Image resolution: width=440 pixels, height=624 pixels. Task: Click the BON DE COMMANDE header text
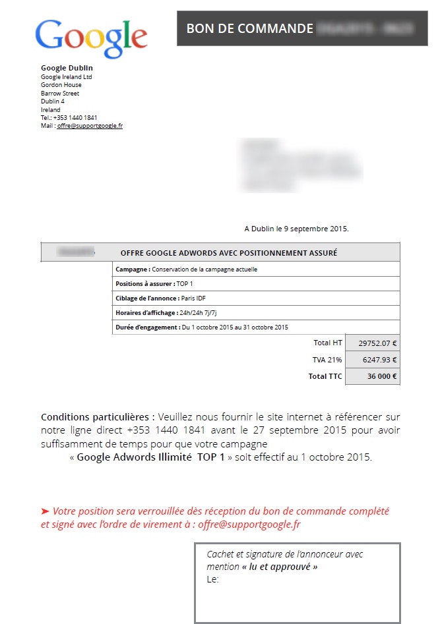pyautogui.click(x=249, y=28)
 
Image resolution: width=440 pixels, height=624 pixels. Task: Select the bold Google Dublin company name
pyautogui.click(x=67, y=68)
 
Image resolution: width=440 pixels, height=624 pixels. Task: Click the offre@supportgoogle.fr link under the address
pyautogui.click(x=90, y=126)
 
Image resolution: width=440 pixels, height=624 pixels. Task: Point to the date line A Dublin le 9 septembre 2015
pyautogui.click(x=296, y=229)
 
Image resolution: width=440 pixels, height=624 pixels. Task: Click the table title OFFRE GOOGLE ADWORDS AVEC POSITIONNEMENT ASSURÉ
pyautogui.click(x=229, y=252)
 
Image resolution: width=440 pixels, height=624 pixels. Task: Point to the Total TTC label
pyautogui.click(x=325, y=376)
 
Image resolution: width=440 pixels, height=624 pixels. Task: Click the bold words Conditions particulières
pyautogui.click(x=98, y=417)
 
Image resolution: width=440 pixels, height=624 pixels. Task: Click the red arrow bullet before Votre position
pyautogui.click(x=45, y=511)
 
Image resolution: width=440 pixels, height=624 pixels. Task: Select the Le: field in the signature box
pyautogui.click(x=212, y=579)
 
